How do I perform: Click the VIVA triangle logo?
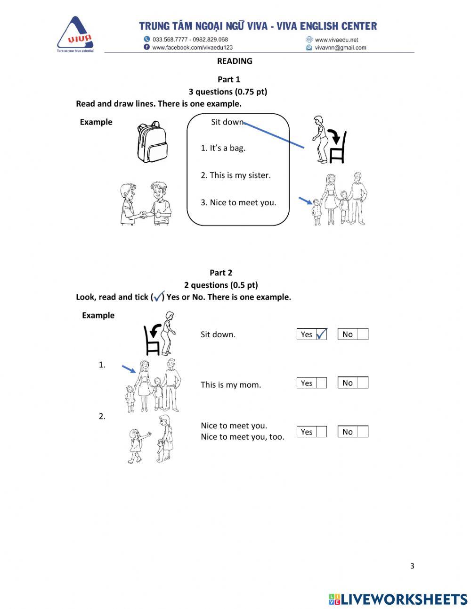(75, 34)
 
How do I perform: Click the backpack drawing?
(152, 142)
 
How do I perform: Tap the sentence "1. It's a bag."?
(223, 148)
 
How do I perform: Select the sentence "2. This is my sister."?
(235, 175)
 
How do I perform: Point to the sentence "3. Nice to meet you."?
(238, 203)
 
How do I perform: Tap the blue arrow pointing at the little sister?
(305, 201)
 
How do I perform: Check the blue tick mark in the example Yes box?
(321, 334)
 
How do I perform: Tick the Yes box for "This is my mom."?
(321, 383)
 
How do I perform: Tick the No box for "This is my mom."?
(362, 383)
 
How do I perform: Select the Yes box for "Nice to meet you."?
(321, 432)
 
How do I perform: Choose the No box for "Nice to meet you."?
(362, 432)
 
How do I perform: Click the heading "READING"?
(235, 61)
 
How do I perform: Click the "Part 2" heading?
(221, 273)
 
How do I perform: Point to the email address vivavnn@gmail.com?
(340, 48)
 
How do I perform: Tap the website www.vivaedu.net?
(336, 40)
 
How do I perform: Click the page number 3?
(412, 566)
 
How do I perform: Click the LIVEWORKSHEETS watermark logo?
(398, 599)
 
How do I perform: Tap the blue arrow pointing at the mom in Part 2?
(129, 368)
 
